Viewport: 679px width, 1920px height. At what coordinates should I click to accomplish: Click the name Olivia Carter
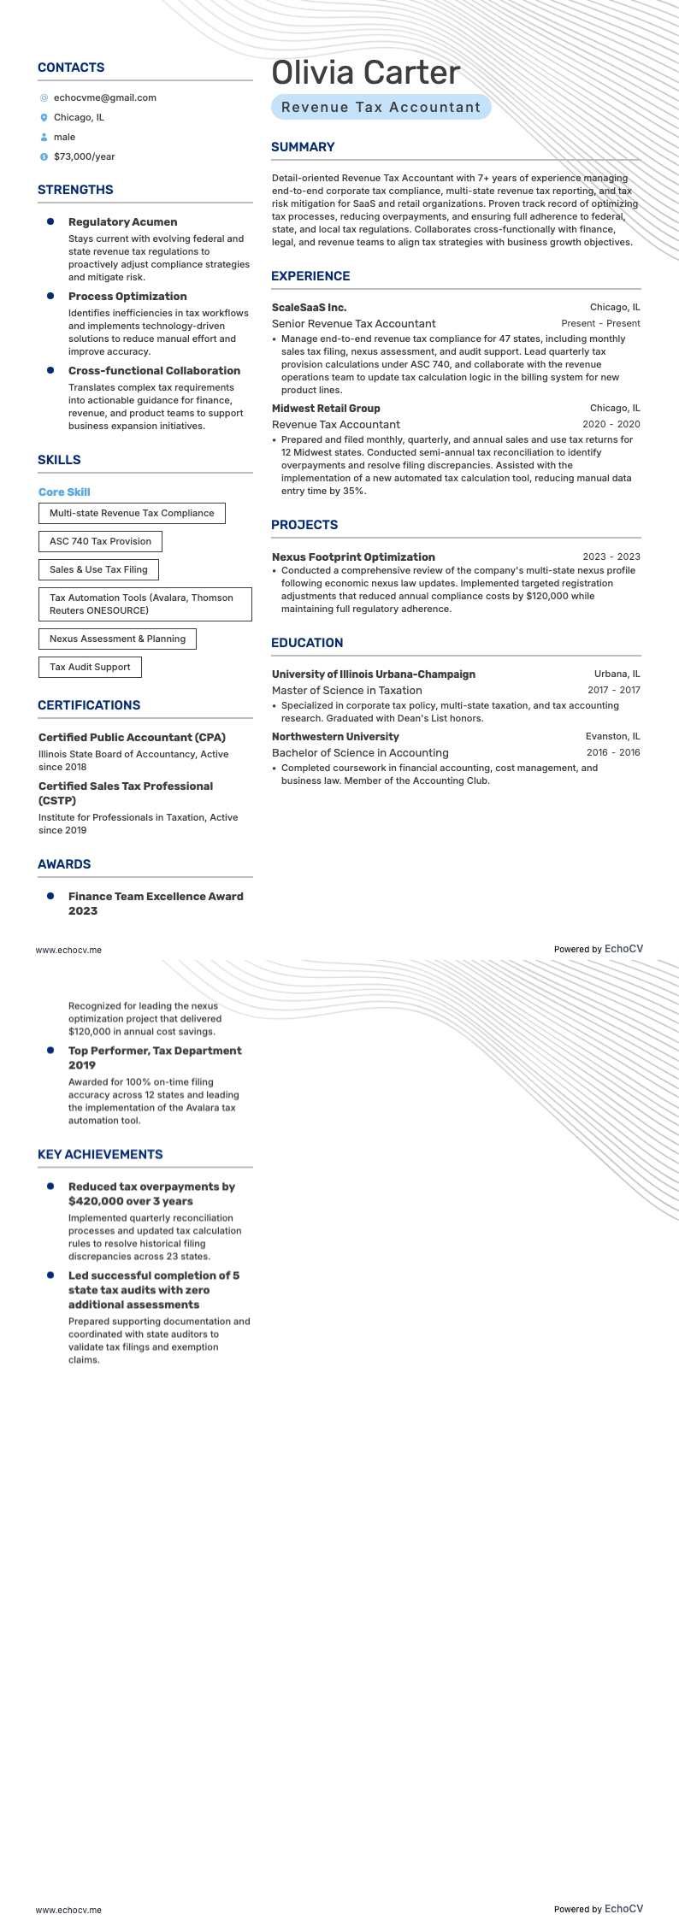365,74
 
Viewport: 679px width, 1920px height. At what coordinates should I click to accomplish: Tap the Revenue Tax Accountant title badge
381,108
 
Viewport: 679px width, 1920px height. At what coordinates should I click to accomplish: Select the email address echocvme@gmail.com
104,98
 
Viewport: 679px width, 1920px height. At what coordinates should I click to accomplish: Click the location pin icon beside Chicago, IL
44,118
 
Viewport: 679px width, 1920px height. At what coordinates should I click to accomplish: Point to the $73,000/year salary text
84,157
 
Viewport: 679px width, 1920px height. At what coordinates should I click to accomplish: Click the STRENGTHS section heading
75,190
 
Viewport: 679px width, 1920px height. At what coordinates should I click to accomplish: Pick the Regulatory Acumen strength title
122,222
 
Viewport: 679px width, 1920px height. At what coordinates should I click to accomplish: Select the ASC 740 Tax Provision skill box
100,542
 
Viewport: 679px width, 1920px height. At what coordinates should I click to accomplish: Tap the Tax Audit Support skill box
90,668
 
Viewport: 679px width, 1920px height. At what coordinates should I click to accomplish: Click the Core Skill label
64,492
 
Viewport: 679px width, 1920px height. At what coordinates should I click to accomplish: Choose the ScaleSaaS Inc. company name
309,308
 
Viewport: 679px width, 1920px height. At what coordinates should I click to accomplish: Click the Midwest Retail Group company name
326,409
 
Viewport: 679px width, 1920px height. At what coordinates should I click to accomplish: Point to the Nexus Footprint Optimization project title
353,557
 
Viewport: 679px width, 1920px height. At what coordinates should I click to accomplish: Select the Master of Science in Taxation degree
346,691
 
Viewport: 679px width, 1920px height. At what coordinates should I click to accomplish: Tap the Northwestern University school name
335,737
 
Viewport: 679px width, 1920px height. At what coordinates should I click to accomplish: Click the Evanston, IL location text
612,737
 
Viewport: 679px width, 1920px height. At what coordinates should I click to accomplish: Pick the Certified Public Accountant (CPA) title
132,738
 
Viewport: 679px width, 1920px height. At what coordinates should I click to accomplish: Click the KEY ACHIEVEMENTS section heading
100,1155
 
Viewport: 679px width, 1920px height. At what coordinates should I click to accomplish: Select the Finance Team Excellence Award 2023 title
156,904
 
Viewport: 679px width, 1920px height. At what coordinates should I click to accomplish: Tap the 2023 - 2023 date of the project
611,557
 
